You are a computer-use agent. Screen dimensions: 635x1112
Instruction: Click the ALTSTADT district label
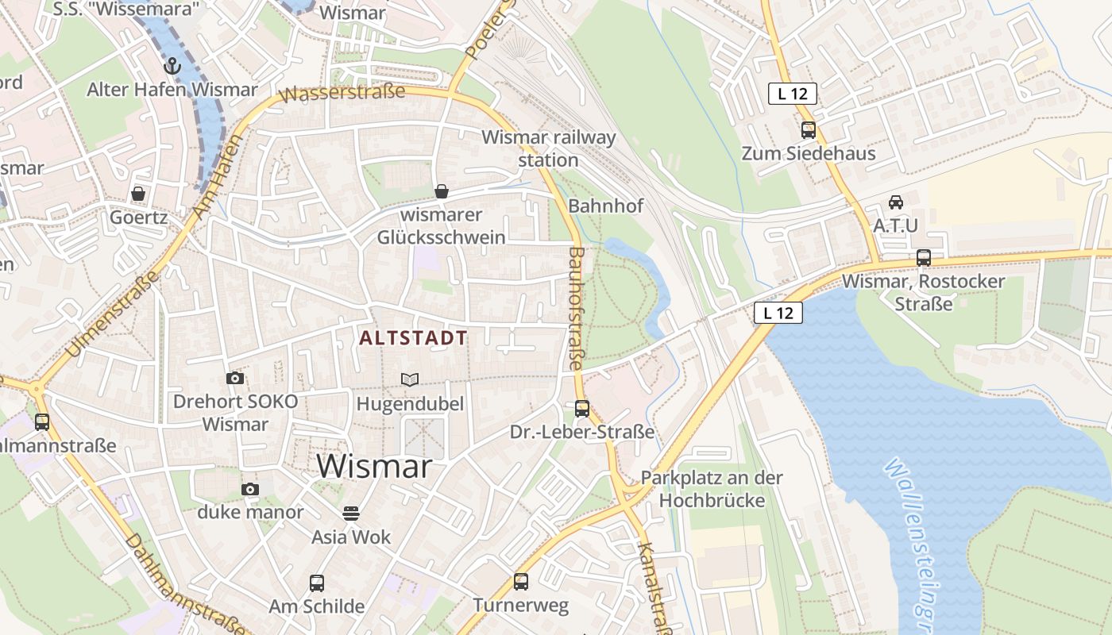[413, 338]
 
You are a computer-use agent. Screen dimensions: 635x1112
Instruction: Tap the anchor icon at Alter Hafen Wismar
[172, 66]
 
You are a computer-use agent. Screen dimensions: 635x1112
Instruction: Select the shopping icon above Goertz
[138, 194]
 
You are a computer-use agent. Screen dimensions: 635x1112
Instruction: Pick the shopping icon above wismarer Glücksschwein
[442, 190]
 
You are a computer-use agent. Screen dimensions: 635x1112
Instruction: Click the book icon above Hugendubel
[410, 380]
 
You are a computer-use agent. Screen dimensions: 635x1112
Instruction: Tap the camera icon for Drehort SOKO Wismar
[234, 379]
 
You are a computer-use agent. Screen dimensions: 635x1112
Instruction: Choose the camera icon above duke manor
[250, 489]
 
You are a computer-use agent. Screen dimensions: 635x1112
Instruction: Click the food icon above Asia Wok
[351, 514]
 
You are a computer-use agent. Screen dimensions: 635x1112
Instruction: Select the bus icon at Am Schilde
[316, 583]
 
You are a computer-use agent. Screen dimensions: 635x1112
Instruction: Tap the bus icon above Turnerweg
[521, 582]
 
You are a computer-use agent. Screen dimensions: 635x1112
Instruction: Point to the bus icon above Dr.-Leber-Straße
[582, 409]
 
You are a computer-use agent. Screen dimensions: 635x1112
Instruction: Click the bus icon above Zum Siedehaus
[809, 130]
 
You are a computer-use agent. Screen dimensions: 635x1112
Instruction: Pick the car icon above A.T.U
[896, 202]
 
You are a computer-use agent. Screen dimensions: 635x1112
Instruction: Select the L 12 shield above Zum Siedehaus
[792, 94]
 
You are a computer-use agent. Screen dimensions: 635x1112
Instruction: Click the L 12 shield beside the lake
[778, 313]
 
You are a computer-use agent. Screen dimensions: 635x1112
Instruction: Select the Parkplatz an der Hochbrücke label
[711, 489]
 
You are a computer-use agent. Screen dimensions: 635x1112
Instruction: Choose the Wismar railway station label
[548, 148]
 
